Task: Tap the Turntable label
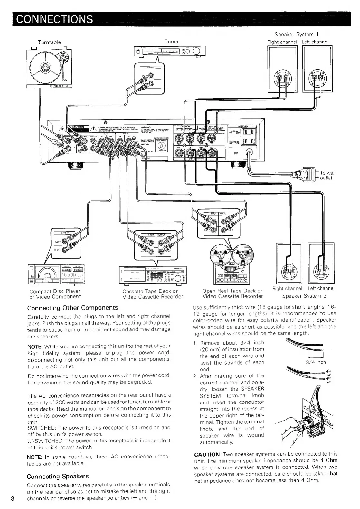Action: [x=49, y=42]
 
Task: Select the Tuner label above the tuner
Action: [x=171, y=42]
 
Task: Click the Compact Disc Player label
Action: [x=55, y=291]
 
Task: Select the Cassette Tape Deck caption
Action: [x=150, y=291]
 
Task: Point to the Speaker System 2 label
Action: [x=304, y=296]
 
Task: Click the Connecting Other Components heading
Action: [x=72, y=308]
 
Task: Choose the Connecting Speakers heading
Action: [x=58, y=476]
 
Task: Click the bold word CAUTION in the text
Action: [x=206, y=454]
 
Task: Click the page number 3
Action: [x=12, y=499]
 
